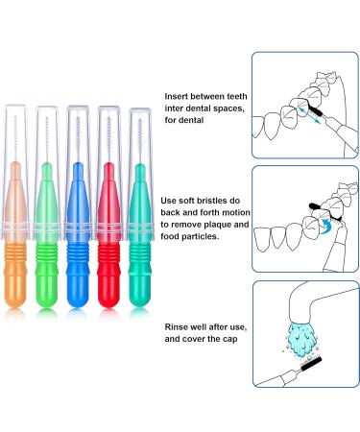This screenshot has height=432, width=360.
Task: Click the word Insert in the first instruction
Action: (x=180, y=97)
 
